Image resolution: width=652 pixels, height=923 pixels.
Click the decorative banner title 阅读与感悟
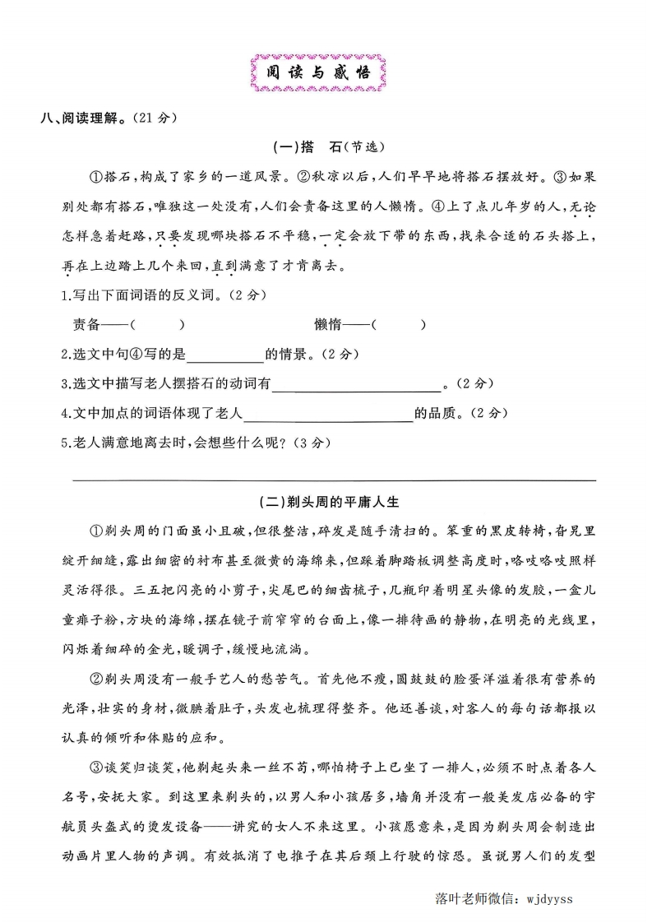point(318,72)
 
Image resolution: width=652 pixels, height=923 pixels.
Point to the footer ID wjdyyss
point(548,898)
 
